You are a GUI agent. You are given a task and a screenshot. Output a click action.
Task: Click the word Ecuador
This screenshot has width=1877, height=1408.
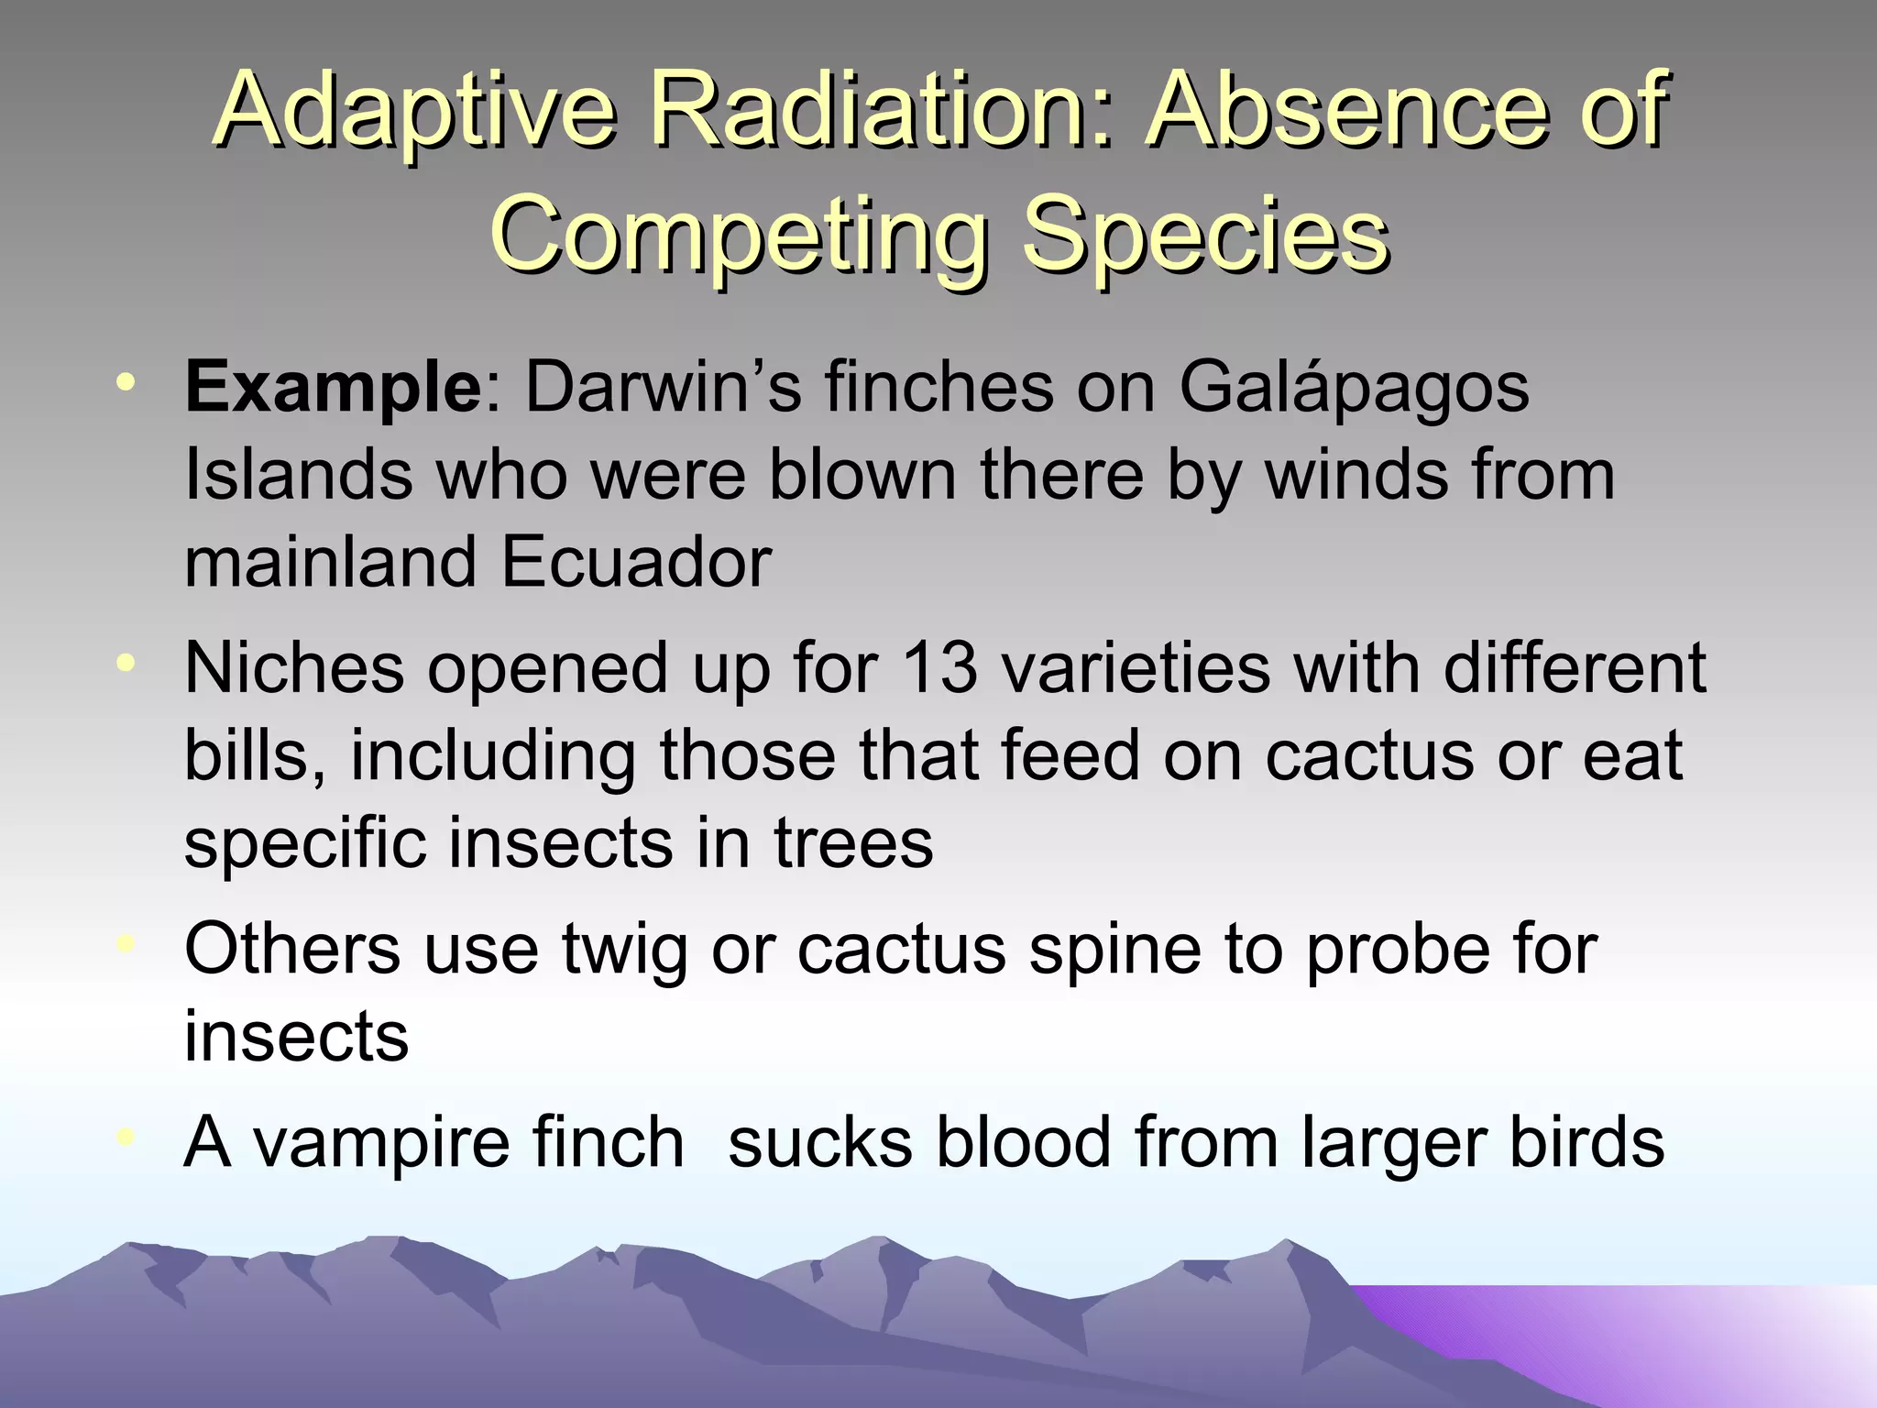(635, 561)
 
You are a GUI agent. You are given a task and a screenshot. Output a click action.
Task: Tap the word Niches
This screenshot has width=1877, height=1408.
(294, 667)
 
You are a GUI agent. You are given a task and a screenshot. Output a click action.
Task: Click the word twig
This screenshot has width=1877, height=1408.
(623, 950)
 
